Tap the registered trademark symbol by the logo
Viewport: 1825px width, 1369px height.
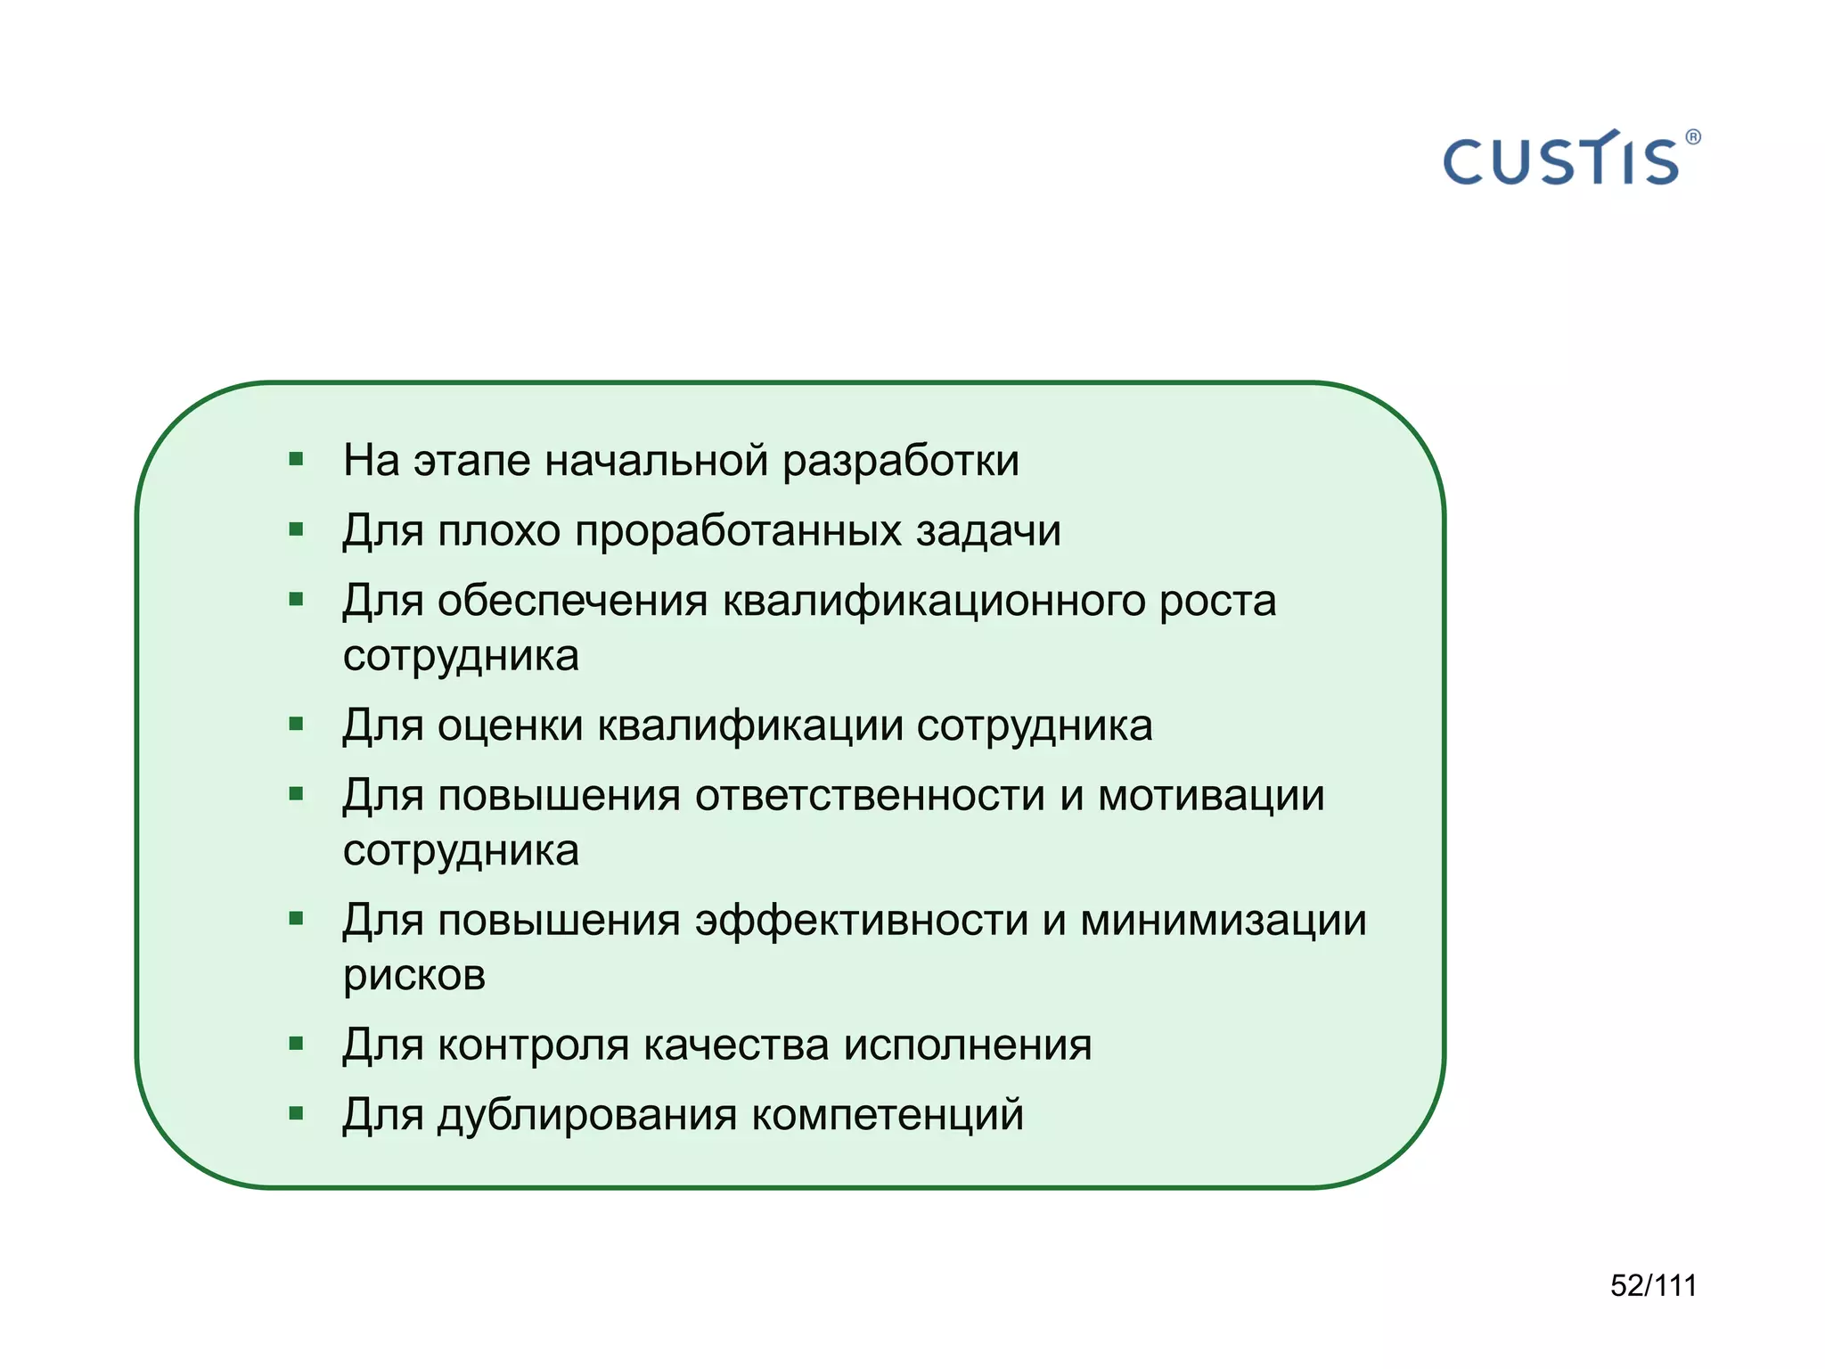[x=1693, y=137]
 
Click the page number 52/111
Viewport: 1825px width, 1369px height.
[x=1653, y=1285]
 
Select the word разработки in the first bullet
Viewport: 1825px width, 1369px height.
[x=900, y=462]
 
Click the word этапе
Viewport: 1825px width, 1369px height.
[x=472, y=462]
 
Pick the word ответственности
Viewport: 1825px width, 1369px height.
[x=870, y=795]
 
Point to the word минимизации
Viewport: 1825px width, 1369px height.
[x=1223, y=920]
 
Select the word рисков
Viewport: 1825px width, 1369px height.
[x=414, y=975]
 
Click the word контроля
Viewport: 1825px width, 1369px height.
[x=533, y=1045]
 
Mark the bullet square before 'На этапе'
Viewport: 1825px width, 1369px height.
[x=297, y=460]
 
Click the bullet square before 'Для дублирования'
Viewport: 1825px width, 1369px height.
[x=297, y=1112]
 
